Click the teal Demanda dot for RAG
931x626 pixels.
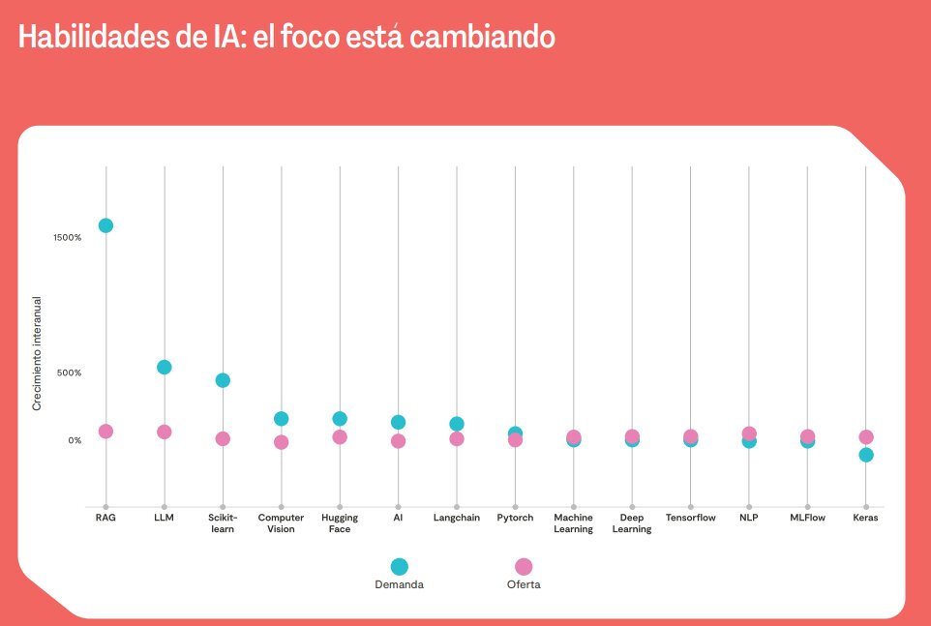point(105,225)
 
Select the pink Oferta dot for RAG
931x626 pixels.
point(105,432)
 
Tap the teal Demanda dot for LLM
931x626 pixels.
point(165,367)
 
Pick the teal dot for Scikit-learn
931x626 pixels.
point(223,380)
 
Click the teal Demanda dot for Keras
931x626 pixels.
point(866,455)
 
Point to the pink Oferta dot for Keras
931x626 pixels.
point(866,437)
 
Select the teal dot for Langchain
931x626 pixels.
point(457,424)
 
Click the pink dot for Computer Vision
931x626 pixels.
point(281,442)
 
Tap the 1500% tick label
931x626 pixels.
point(68,237)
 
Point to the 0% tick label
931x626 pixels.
point(75,440)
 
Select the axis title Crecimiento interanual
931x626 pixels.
point(37,353)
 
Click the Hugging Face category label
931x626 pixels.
point(340,523)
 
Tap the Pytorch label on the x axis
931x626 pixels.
point(515,518)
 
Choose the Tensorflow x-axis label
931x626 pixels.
point(690,518)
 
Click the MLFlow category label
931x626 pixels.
point(807,518)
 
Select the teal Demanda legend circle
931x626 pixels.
point(399,567)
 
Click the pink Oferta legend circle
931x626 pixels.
point(524,567)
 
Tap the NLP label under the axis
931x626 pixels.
point(748,518)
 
